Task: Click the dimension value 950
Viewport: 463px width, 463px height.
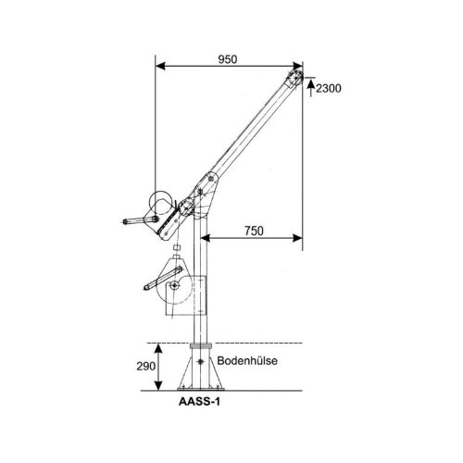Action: [x=228, y=59]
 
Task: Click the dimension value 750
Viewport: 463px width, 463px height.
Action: [x=254, y=231]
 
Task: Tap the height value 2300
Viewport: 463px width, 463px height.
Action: [x=329, y=89]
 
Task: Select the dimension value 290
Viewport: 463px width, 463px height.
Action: [x=146, y=367]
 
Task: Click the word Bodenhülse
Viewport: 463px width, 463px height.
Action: [x=247, y=360]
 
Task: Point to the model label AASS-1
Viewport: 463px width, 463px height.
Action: [x=199, y=402]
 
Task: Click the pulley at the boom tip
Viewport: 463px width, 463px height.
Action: [x=296, y=76]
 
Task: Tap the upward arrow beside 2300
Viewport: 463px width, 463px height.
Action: [x=311, y=87]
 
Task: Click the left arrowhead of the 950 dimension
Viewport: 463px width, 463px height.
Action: [x=160, y=66]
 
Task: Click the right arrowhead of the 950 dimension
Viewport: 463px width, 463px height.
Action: [x=297, y=66]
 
